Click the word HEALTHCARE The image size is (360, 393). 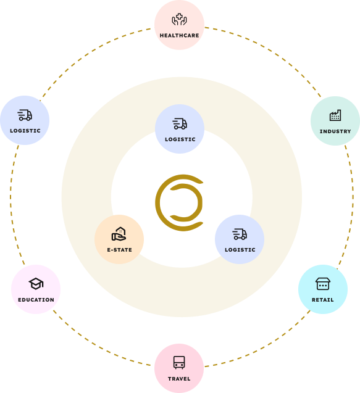click(x=179, y=36)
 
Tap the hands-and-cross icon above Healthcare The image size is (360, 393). click(x=179, y=20)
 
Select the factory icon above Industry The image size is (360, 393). click(x=335, y=115)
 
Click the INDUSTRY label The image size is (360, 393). click(x=335, y=131)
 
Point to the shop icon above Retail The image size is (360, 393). click(x=323, y=284)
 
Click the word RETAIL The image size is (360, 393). click(x=322, y=300)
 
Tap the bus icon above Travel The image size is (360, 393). click(x=179, y=362)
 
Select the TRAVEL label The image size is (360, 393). click(x=179, y=379)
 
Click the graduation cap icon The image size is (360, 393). click(x=36, y=284)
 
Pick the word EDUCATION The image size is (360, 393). click(x=36, y=300)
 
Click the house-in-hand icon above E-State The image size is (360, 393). click(x=119, y=234)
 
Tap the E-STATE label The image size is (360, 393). click(x=119, y=250)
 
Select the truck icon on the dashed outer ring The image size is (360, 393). click(x=25, y=115)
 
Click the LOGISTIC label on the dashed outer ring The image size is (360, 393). click(x=25, y=131)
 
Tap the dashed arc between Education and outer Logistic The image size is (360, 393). click(x=10, y=203)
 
